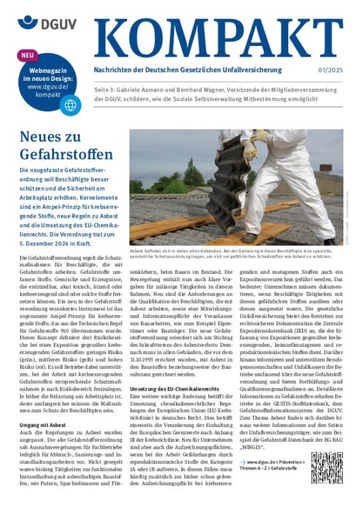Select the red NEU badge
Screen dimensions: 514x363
click(x=26, y=55)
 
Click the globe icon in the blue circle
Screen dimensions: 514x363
click(x=69, y=105)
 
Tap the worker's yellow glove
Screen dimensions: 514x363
click(x=250, y=150)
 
